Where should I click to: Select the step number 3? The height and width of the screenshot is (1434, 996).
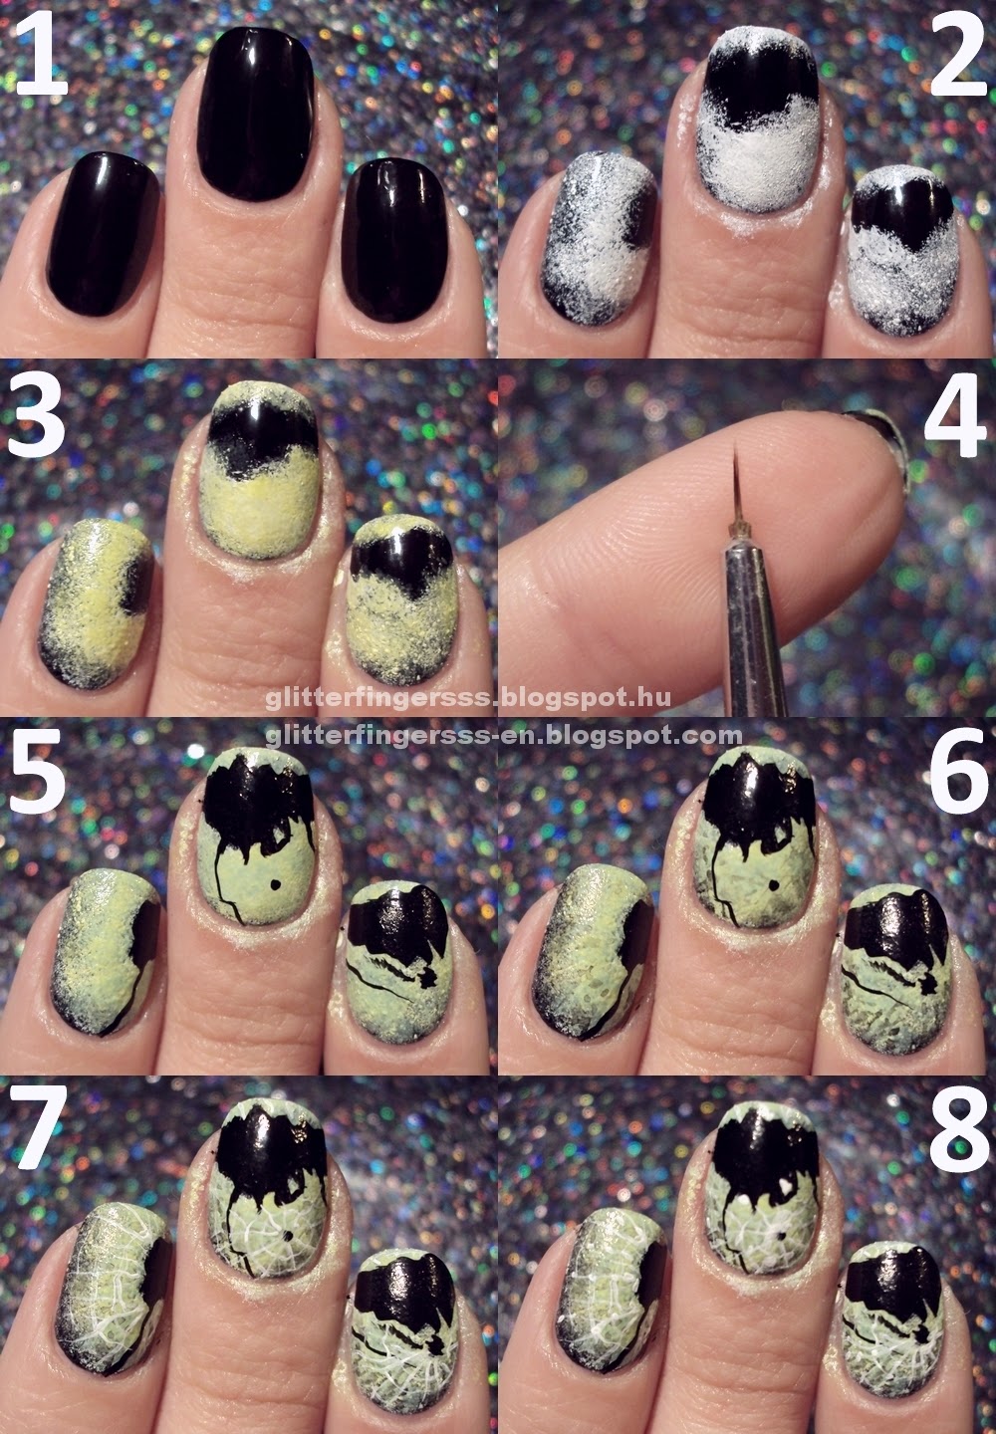coord(36,415)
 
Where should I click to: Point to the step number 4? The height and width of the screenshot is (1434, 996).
coord(955,415)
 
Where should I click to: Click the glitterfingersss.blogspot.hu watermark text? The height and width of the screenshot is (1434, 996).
coord(468,697)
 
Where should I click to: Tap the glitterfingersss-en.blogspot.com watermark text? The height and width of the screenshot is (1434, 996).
coord(504,736)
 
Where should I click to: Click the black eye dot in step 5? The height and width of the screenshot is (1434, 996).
coord(275,884)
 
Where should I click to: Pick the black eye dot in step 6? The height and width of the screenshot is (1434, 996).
coord(773,884)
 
